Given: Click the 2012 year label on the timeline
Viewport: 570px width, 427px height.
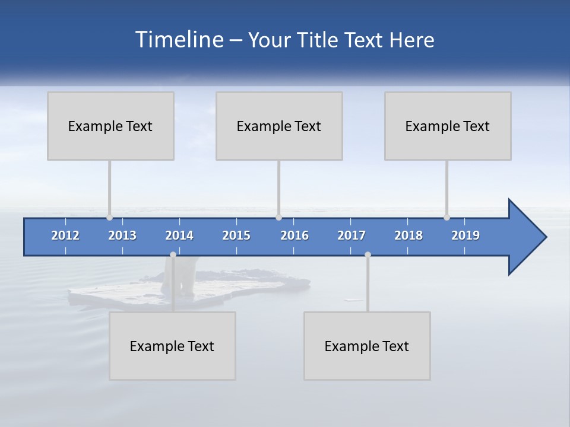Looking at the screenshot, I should coord(65,235).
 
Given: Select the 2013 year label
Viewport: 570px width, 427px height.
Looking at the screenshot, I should coord(122,235).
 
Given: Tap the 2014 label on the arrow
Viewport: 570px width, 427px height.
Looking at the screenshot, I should coord(179,235).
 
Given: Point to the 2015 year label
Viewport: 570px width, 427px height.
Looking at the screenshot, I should coord(236,235).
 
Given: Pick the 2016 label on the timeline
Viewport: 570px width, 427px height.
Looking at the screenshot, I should coord(294,235).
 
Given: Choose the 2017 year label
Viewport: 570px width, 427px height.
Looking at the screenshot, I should coord(351,235).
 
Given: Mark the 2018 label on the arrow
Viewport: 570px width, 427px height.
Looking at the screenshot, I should coord(408,235).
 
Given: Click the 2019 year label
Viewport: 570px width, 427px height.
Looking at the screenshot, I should coord(465,235).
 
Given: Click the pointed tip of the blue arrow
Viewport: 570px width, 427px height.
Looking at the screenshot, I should coord(545,237).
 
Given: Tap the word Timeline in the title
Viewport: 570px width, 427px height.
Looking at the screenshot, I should coord(179,40).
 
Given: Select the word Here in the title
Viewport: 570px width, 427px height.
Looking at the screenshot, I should coord(412,40).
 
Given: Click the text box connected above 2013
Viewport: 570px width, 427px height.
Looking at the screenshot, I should coord(110,126).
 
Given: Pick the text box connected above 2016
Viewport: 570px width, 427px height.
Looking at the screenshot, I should coord(279,126).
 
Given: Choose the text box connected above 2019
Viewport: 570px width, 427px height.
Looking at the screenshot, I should coord(448,126).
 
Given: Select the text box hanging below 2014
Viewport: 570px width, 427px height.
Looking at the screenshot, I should coord(172,346).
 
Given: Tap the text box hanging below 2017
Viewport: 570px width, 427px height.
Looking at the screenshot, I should coord(367,346).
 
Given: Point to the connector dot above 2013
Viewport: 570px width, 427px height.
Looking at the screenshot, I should coord(109,218).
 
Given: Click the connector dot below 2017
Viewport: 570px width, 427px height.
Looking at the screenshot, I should coord(368,254).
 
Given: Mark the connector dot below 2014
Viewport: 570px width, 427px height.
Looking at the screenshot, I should coord(173,254).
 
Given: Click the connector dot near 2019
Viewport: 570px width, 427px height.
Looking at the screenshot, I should coord(446,218).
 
